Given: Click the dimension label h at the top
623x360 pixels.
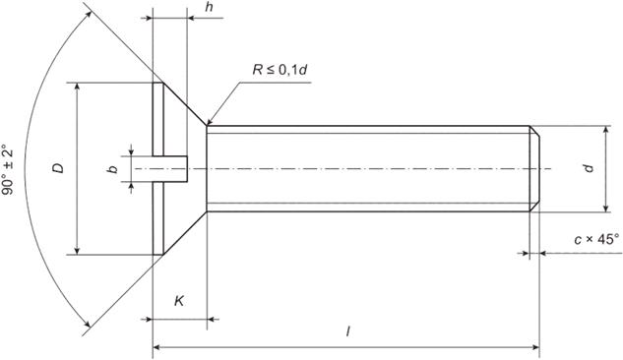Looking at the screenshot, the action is [x=209, y=8].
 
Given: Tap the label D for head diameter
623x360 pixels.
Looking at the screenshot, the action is [x=58, y=168].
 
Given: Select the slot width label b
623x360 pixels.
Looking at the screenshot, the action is [x=113, y=169].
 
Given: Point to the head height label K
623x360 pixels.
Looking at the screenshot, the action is [x=179, y=301].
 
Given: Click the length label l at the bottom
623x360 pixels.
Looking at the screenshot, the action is [x=348, y=331].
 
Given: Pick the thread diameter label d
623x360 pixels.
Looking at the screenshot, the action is [x=589, y=168].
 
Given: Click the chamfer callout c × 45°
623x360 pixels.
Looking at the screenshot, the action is [x=596, y=240].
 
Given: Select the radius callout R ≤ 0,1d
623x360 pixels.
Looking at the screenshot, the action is [x=280, y=70].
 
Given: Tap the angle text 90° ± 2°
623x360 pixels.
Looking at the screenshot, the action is [x=8, y=169].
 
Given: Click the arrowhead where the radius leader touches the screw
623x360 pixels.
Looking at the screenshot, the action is [x=210, y=121].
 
